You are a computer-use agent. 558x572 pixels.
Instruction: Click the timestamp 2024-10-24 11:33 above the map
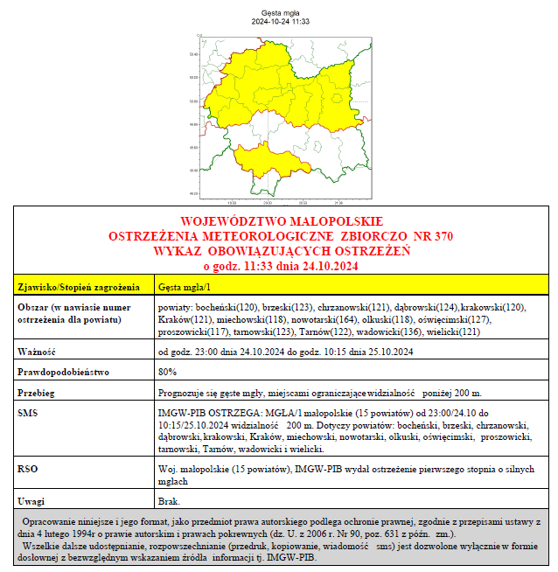[x=279, y=22]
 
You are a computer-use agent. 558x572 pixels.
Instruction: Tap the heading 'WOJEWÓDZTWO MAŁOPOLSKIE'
[x=281, y=220]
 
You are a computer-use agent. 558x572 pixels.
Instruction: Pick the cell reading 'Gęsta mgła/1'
[x=184, y=286]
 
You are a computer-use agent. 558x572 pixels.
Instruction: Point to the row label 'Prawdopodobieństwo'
[x=64, y=372]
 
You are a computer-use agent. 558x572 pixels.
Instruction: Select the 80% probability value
[x=166, y=372]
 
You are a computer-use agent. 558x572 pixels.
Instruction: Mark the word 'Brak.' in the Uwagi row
[x=169, y=501]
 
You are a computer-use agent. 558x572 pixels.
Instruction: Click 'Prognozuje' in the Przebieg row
[x=180, y=392]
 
